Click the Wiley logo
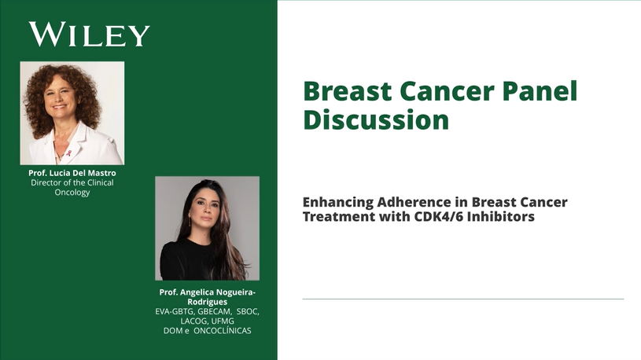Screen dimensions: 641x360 point(89,35)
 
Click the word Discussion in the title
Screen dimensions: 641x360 point(376,119)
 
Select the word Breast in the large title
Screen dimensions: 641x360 point(348,90)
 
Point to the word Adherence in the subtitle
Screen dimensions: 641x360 point(422,202)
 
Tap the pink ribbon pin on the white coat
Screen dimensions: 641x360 point(68,153)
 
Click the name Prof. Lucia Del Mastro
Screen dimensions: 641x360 point(72,173)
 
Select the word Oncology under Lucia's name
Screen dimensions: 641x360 point(72,192)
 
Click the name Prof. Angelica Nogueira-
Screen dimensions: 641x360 point(208,292)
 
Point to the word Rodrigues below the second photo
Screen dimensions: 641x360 point(208,302)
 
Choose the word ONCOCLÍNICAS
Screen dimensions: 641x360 point(223,331)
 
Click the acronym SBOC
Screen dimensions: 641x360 point(247,311)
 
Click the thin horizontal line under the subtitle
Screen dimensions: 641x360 point(463,299)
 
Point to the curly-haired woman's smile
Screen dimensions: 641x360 point(59,107)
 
